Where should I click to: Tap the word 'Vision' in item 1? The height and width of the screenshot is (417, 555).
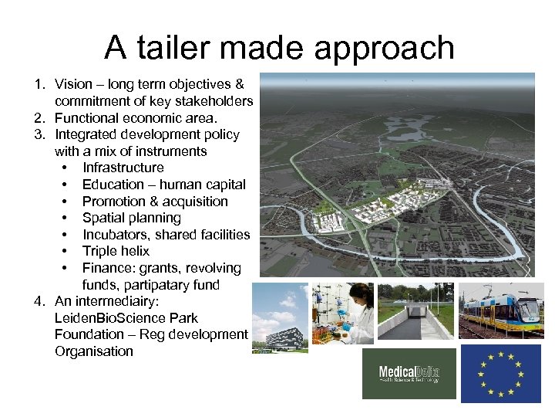click(74, 84)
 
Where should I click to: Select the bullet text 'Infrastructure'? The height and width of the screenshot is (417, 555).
click(123, 168)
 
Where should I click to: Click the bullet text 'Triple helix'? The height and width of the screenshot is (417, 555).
click(116, 251)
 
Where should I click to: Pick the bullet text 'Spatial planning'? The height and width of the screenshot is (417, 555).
click(131, 218)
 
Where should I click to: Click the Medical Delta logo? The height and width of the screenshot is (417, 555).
click(409, 374)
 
